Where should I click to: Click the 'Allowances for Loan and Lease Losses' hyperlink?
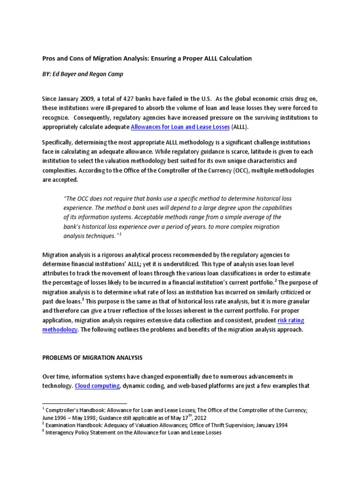pos(180,127)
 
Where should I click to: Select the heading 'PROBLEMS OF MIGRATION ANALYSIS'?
pos(92,358)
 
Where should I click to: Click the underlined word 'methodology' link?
pos(60,329)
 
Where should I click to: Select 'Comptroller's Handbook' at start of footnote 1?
pos(71,410)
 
